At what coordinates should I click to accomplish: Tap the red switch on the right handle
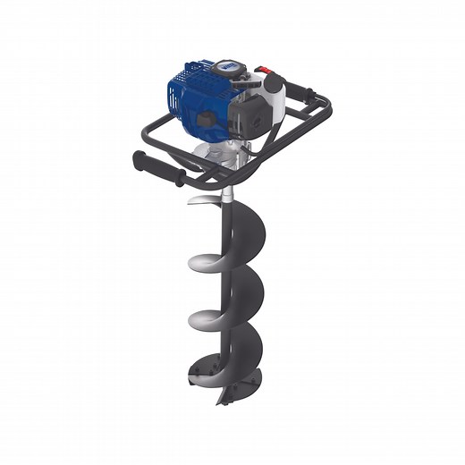point(263,72)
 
